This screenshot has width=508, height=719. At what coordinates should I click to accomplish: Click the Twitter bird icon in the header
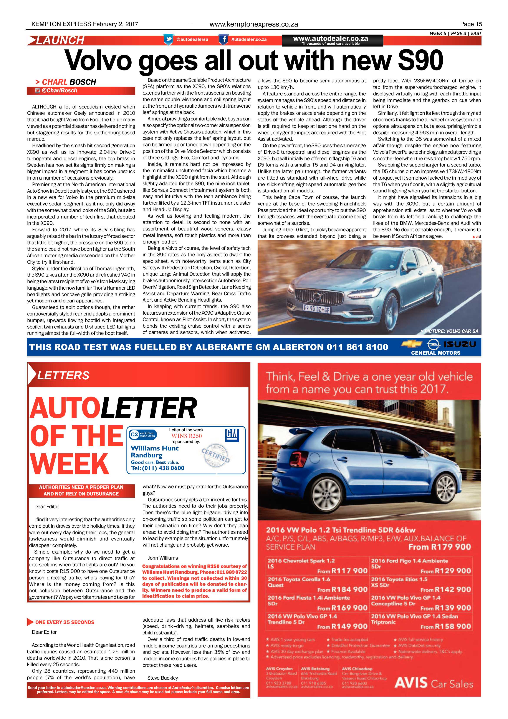pos(169,39)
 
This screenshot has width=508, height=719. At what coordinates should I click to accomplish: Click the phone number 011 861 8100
pos(357,347)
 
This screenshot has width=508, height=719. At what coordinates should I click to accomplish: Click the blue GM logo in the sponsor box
pos(232,435)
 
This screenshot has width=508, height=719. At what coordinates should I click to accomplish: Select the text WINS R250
pos(186,436)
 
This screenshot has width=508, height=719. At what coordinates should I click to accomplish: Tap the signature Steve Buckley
pos(162,678)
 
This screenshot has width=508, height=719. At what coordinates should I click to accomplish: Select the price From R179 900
pos(440,547)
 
